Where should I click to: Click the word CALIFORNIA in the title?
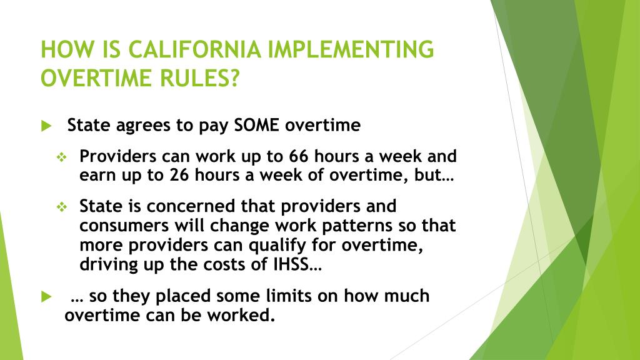point(199,49)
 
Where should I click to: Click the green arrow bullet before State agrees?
point(46,126)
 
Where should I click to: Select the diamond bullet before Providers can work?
point(62,157)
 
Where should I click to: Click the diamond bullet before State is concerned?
point(62,206)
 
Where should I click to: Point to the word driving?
point(108,264)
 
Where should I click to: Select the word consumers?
point(119,225)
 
